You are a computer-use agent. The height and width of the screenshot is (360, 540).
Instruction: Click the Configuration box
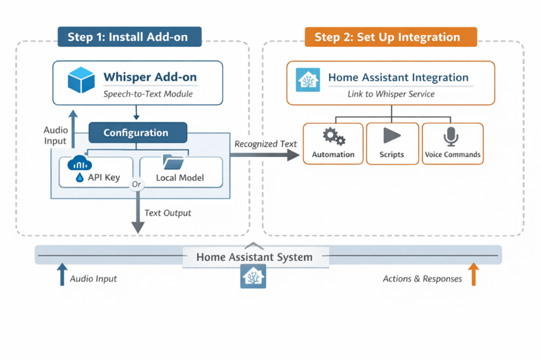coord(137,133)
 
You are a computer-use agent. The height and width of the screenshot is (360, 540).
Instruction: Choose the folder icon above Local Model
coord(173,161)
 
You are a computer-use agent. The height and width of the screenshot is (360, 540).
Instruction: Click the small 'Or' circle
coord(137,184)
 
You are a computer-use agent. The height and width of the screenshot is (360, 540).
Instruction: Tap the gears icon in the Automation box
coord(333,137)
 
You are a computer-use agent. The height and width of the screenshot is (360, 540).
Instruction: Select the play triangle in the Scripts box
coord(391,136)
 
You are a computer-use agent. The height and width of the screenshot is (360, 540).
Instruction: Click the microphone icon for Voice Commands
coord(451,137)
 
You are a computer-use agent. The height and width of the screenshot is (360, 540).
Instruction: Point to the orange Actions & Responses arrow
coord(473,275)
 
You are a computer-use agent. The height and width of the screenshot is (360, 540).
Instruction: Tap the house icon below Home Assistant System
coord(253,276)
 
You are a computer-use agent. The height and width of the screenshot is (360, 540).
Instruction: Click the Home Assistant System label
coord(254,257)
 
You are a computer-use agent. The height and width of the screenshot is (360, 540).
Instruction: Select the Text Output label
coord(168,213)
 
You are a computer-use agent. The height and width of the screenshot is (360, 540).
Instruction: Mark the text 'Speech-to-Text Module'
coord(148,94)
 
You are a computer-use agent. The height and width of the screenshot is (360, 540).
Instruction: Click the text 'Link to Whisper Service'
coord(391,94)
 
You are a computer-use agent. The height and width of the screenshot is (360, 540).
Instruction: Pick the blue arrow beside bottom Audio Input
coord(62,275)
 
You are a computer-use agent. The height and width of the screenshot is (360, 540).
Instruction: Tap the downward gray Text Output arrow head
coord(137,227)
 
